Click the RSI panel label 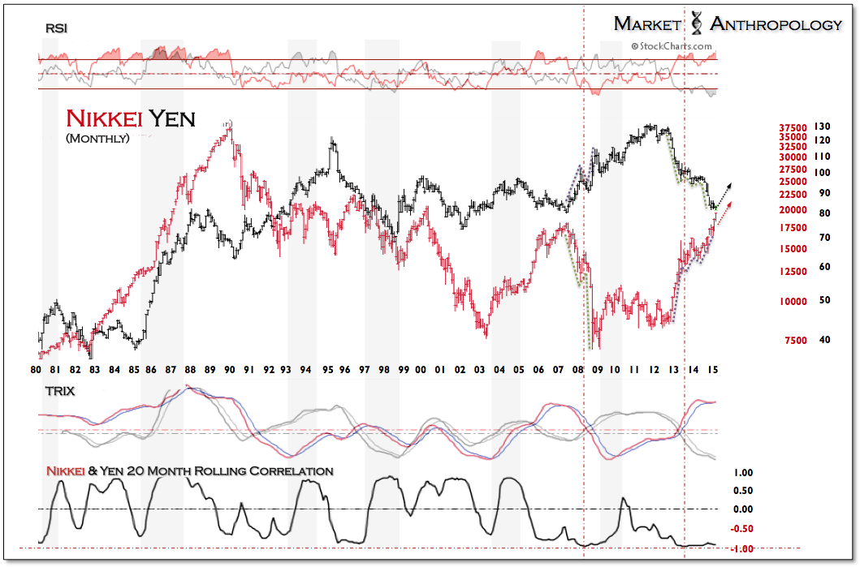(56, 28)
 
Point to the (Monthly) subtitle (97, 139)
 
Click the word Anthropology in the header (776, 24)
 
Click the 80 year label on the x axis (36, 370)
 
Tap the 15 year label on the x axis (714, 370)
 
